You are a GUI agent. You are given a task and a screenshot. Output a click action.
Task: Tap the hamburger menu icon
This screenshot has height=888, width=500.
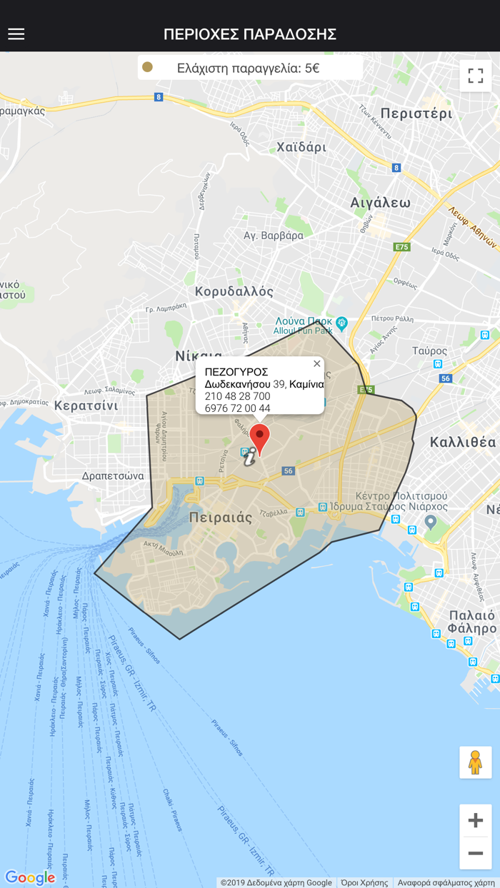tap(16, 34)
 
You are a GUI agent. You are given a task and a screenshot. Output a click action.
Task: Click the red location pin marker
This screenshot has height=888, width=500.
tap(260, 437)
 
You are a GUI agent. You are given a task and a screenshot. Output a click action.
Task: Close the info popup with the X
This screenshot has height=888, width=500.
tap(317, 364)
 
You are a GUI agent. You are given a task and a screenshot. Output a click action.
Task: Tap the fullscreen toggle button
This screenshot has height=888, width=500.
tap(476, 76)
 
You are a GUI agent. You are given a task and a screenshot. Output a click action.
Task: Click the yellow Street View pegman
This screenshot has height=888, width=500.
tap(475, 762)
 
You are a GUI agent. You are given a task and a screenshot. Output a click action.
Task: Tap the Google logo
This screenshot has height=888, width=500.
tap(30, 877)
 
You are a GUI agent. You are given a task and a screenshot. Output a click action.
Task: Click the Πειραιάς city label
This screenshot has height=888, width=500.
tap(221, 518)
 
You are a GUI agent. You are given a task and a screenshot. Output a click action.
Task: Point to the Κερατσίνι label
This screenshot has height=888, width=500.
tap(86, 405)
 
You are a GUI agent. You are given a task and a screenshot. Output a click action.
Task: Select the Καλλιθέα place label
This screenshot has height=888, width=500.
tap(462, 442)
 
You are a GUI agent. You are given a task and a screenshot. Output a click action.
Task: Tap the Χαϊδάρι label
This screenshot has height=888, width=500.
tap(301, 148)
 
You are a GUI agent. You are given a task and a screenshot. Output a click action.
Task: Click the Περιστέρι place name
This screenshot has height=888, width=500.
tap(416, 113)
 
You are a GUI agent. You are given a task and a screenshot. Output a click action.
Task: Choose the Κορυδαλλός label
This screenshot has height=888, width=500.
tap(234, 291)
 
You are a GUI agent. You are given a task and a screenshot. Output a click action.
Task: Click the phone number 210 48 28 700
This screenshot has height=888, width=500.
tap(237, 396)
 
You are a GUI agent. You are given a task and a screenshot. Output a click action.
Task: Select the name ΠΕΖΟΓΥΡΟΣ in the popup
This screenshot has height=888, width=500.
tap(236, 372)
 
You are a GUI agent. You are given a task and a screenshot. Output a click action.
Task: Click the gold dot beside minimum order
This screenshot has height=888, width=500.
tap(148, 67)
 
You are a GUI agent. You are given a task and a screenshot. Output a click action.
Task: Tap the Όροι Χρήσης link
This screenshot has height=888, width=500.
tap(364, 883)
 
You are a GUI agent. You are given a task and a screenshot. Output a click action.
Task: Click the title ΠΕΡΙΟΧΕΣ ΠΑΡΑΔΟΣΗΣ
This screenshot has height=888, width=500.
tap(250, 34)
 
